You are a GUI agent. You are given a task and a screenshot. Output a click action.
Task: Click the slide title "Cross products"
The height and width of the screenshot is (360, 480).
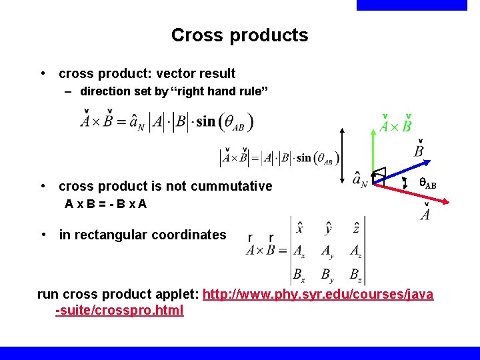pos(239,35)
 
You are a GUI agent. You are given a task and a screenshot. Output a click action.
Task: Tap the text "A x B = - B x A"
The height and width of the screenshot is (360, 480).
pos(105,204)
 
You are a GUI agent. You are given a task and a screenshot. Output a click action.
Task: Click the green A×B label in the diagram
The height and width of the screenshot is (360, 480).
pos(395,125)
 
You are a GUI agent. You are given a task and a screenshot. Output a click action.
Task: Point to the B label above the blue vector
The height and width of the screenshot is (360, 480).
pos(419,151)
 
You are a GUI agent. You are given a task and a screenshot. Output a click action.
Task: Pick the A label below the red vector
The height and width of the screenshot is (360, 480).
pos(425,213)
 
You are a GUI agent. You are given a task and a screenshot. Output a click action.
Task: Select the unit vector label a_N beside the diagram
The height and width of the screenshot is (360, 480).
pos(360,180)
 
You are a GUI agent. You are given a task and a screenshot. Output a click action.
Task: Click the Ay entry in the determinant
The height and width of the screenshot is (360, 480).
pos(327,251)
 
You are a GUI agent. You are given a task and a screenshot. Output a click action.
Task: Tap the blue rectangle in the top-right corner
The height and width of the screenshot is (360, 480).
pos(412,5)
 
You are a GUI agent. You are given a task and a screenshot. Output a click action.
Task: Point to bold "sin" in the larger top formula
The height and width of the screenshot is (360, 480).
pos(206,121)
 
